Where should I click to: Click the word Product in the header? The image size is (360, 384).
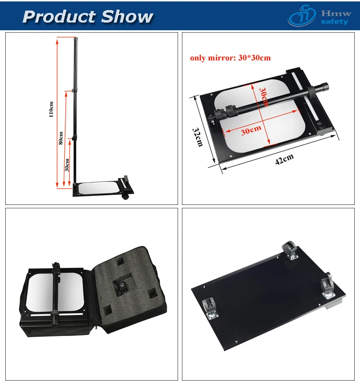click(59, 17)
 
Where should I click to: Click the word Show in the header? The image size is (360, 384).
click(126, 17)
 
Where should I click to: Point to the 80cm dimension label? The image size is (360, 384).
click(60, 138)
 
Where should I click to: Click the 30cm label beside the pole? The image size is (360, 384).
click(67, 165)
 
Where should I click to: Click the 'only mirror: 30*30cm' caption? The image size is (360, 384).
click(230, 58)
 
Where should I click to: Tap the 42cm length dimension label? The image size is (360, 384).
click(284, 160)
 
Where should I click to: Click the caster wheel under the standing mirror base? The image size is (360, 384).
click(126, 197)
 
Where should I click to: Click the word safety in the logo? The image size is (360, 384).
click(335, 22)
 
